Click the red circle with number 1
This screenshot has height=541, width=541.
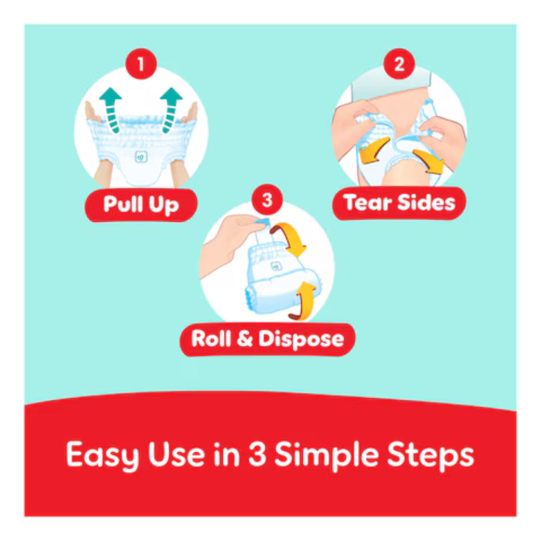[x=141, y=65]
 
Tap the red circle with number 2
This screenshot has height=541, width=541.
[x=399, y=65]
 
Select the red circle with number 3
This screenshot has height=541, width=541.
[x=267, y=200]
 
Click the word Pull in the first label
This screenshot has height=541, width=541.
[x=123, y=205]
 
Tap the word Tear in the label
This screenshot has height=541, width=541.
[x=367, y=203]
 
